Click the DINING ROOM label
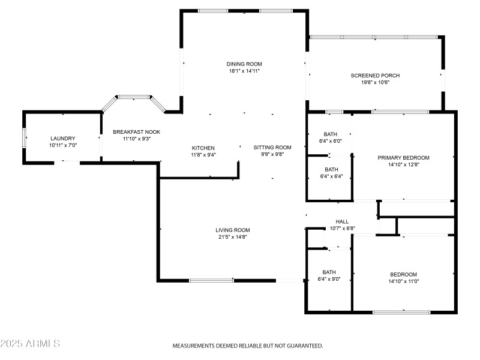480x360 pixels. tap(244, 64)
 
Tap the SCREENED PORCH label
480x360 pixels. tap(375, 75)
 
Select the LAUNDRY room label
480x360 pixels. tap(63, 139)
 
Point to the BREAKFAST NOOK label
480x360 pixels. tap(136, 132)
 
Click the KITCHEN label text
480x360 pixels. tap(203, 148)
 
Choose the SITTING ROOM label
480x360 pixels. tap(272, 147)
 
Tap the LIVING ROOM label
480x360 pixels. tap(233, 230)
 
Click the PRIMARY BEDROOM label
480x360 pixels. tap(403, 158)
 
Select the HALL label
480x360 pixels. tap(342, 221)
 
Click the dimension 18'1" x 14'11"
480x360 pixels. tap(244, 71)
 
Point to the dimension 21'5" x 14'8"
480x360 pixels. tap(233, 237)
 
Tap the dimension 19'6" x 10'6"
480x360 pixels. tap(375, 82)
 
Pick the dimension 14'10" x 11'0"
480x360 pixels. tap(403, 281)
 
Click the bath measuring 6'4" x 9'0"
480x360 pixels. tap(329, 275)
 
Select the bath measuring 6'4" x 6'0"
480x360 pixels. tap(331, 137)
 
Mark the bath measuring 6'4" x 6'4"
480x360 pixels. tap(331, 173)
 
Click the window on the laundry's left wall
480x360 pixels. tap(25, 137)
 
